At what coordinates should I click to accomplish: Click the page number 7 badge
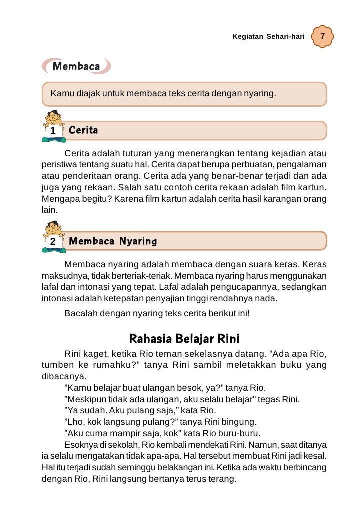point(323,37)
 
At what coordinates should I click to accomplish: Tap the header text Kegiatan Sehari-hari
point(268,37)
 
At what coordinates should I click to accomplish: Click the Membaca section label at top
point(76,66)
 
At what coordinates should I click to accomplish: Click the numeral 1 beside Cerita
point(52,131)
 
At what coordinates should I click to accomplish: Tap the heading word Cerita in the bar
point(83,131)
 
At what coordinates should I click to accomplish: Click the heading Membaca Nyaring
point(113,242)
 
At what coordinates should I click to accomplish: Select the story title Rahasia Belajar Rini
point(181,339)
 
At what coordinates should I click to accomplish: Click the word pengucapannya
point(239,287)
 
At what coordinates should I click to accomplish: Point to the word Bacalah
point(81,314)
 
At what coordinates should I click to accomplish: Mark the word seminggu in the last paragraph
point(161,467)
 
